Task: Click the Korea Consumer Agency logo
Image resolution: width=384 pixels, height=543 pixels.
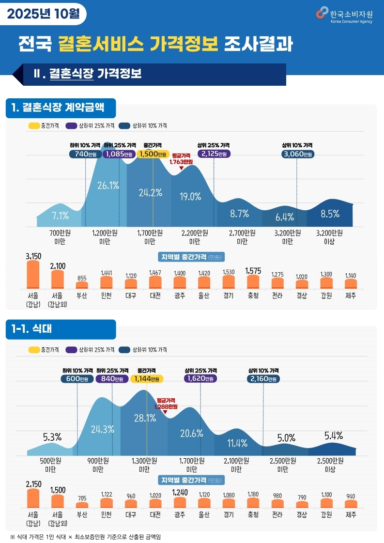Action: [344, 15]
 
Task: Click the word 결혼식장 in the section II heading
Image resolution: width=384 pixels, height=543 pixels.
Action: [71, 74]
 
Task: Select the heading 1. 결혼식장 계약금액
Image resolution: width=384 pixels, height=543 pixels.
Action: [61, 108]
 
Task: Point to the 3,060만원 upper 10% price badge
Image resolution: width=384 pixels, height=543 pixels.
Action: [297, 154]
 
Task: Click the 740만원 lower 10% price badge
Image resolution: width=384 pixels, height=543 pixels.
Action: [85, 154]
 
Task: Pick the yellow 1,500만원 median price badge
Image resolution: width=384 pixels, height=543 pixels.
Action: [153, 154]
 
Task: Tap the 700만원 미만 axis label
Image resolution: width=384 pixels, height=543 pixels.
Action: [61, 236]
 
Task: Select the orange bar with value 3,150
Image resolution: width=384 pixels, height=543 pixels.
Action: [33, 275]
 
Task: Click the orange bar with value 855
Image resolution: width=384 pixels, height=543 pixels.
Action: [82, 285]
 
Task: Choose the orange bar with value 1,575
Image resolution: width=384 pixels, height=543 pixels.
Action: [253, 281]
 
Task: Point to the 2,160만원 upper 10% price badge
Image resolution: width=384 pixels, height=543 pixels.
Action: [263, 379]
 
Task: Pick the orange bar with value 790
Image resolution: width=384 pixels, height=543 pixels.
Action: [302, 504]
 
